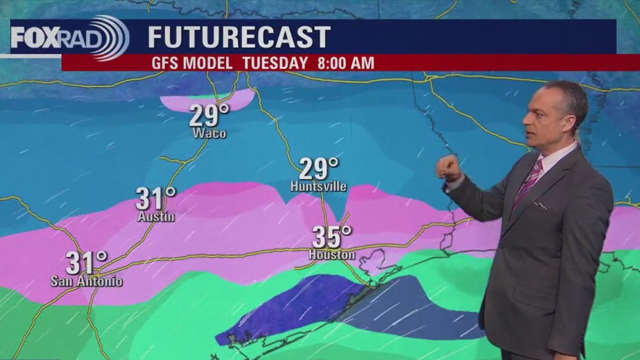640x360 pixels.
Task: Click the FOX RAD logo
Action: click(70, 38)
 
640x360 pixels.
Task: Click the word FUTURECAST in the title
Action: click(239, 38)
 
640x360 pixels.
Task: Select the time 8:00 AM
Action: click(345, 63)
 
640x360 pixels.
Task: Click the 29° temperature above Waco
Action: click(209, 116)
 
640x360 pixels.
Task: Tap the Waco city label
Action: click(209, 134)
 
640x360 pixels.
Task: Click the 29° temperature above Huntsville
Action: click(319, 169)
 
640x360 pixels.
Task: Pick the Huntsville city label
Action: click(318, 187)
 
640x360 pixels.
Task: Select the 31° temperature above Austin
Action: click(156, 199)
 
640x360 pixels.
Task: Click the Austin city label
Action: click(156, 217)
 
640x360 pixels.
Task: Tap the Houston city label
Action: click(332, 255)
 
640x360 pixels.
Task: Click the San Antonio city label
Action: click(87, 281)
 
